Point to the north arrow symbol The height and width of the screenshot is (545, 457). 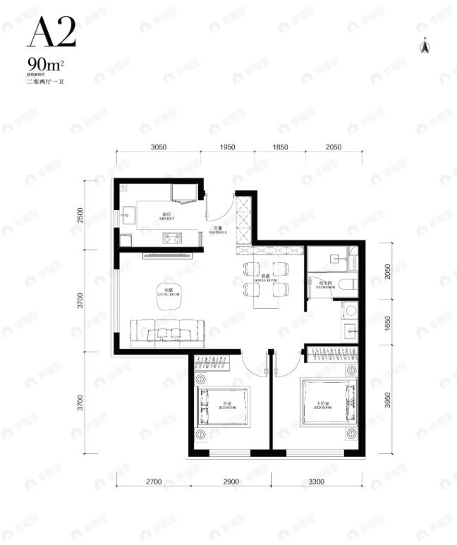(425, 47)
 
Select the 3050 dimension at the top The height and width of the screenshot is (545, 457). (159, 147)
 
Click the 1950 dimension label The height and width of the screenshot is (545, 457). (227, 147)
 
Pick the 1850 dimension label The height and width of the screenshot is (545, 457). (281, 147)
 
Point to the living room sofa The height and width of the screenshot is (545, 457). (168, 331)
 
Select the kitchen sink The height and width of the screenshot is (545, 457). (129, 214)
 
